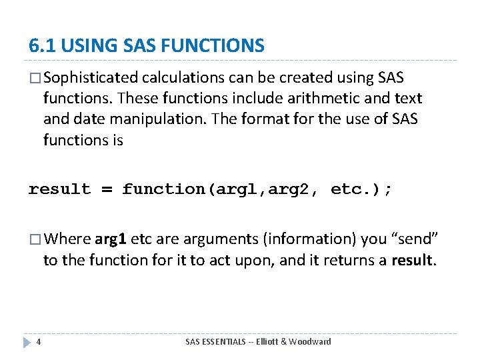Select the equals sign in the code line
click(x=106, y=189)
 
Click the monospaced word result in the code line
click(x=59, y=189)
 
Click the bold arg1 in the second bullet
click(x=110, y=239)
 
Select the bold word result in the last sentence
click(x=412, y=260)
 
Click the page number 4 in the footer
click(x=39, y=342)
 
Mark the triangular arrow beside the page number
click(x=27, y=342)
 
